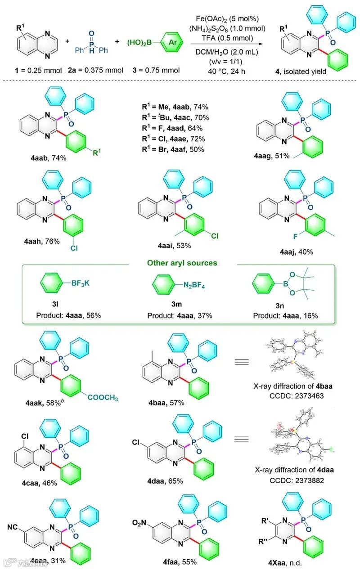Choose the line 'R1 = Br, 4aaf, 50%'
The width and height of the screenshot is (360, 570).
(174, 149)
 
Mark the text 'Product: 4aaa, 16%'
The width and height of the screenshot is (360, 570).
(285, 315)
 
